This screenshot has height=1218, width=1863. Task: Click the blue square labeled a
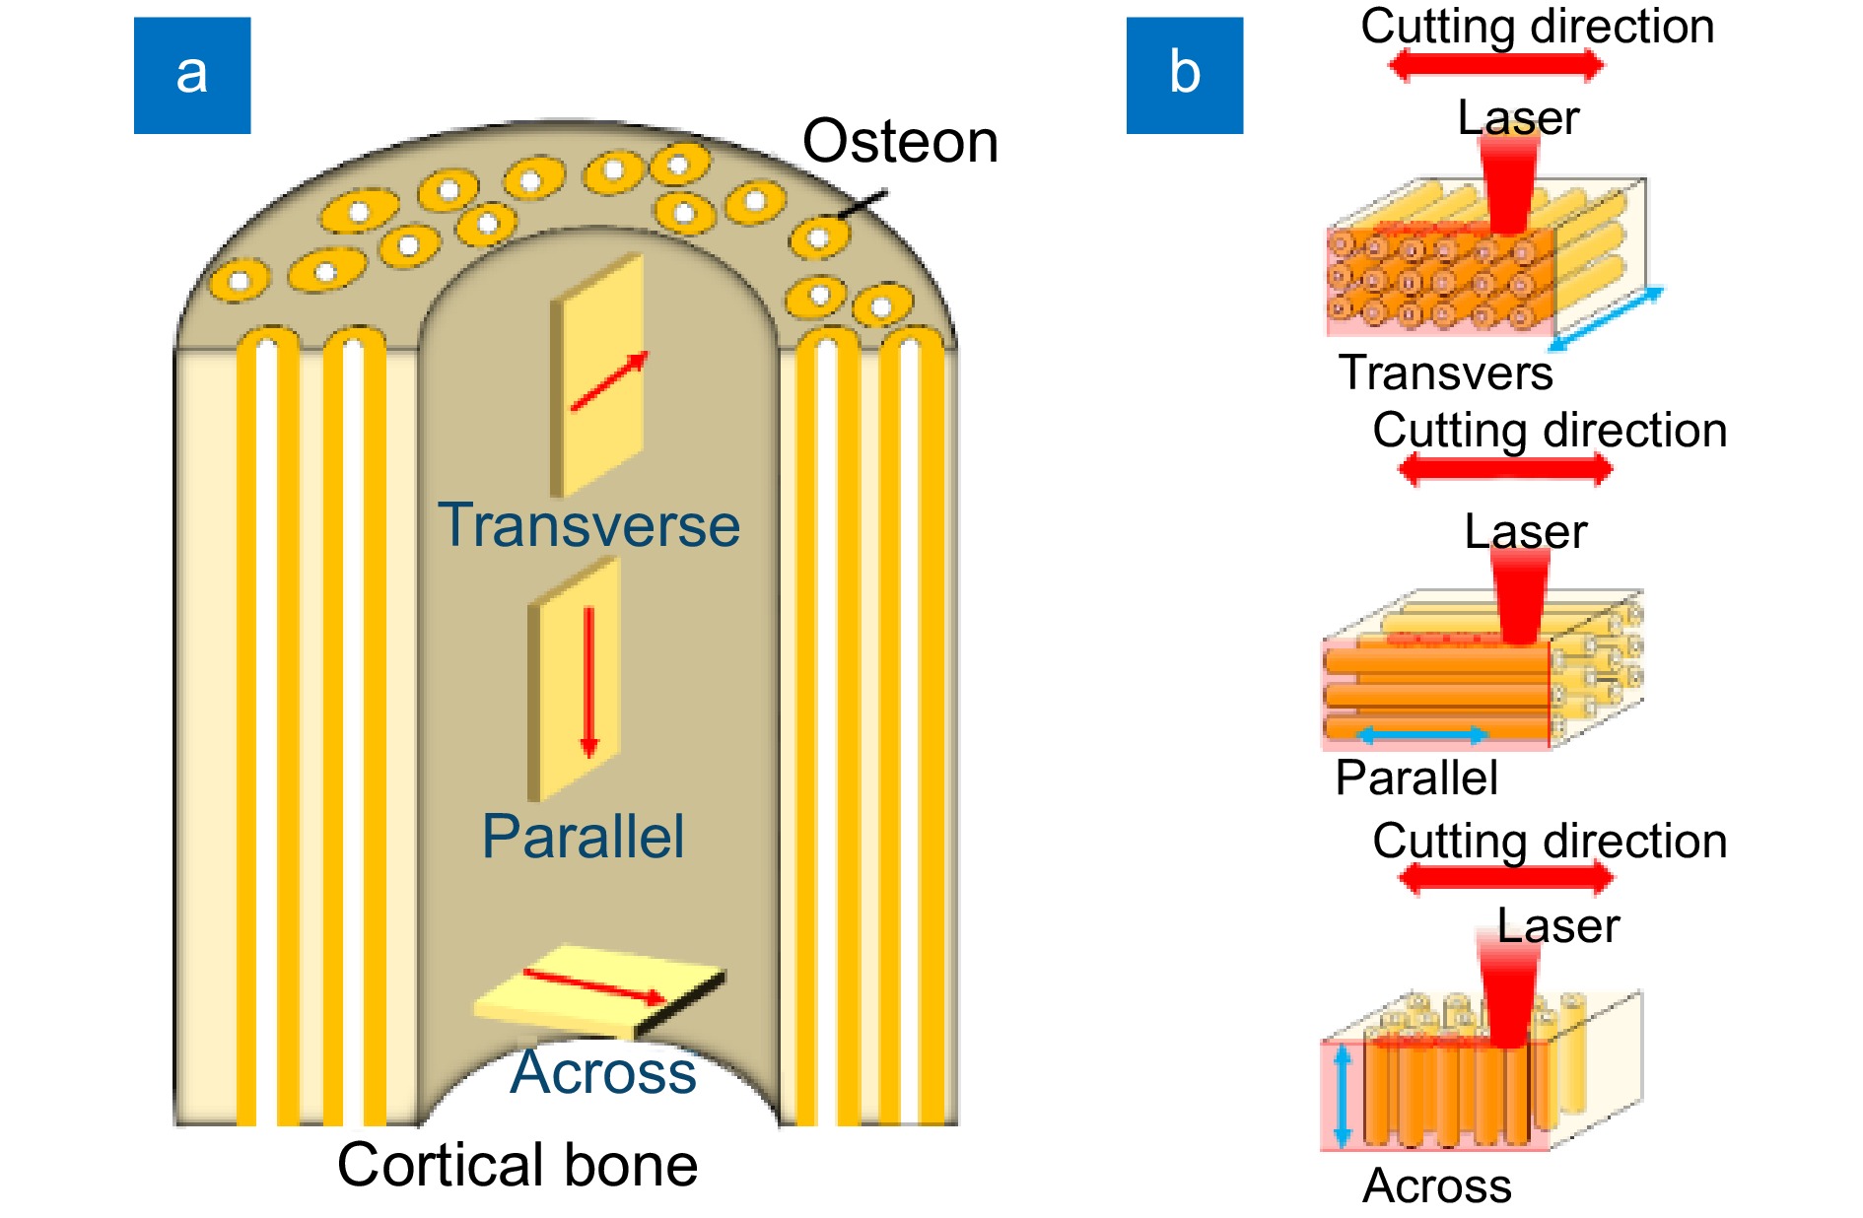192,75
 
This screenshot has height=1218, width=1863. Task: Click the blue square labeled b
1184,75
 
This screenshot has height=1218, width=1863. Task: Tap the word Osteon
900,141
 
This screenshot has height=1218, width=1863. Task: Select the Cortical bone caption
517,1165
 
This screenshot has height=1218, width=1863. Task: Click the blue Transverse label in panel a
588,525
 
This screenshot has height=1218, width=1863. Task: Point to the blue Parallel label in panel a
583,838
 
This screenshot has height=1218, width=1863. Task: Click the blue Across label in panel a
603,1072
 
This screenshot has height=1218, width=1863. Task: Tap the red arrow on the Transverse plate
609,380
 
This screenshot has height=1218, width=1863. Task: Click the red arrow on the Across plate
595,986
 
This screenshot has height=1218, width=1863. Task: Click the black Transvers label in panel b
1445,372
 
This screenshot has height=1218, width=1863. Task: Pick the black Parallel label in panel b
1416,778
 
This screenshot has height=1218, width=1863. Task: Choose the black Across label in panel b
1437,1185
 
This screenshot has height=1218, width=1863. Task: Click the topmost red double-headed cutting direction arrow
1496,66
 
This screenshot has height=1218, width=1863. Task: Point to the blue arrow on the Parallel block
1422,734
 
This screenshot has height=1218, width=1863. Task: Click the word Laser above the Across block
1558,926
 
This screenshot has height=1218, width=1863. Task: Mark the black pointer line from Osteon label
862,204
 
